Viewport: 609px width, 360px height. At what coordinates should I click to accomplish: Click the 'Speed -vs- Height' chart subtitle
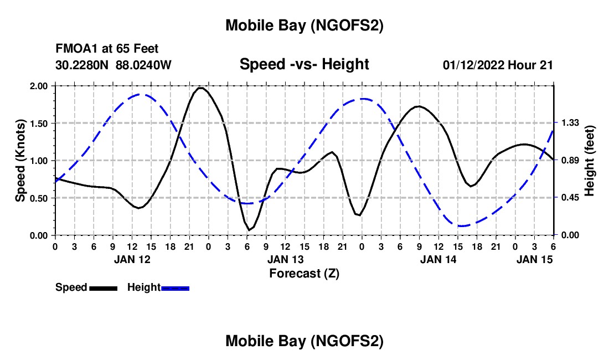[x=304, y=64]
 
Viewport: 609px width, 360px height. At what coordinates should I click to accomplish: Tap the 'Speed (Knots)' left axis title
[x=20, y=161]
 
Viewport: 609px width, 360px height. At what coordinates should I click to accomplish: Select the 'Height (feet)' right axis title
[x=589, y=161]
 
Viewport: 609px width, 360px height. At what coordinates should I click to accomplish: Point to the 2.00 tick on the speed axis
[x=40, y=86]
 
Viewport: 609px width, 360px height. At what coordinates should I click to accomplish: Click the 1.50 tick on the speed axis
[x=40, y=123]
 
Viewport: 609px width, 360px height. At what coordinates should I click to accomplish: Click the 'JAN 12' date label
[x=132, y=259]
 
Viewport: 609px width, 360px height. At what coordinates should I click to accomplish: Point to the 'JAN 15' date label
[x=534, y=259]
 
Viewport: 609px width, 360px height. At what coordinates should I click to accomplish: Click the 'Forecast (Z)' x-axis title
[x=304, y=273]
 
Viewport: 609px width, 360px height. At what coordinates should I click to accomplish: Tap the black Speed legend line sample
[x=103, y=287]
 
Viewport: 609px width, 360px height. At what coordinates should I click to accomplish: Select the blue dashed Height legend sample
[x=176, y=287]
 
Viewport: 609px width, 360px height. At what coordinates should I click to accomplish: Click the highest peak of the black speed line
[x=201, y=88]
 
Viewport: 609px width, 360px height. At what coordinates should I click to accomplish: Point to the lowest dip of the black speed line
[x=250, y=229]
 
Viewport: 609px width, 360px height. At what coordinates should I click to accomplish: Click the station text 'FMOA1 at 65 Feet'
[x=107, y=49]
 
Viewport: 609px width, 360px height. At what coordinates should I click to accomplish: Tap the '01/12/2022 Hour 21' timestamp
[x=498, y=65]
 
